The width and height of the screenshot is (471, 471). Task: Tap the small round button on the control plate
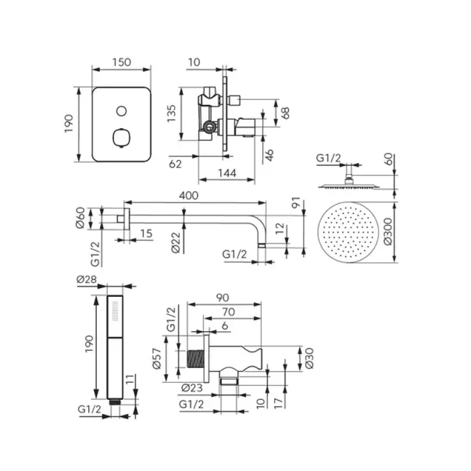(121, 111)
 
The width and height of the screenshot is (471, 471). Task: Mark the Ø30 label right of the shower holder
(309, 358)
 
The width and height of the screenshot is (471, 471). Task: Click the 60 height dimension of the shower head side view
(388, 161)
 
